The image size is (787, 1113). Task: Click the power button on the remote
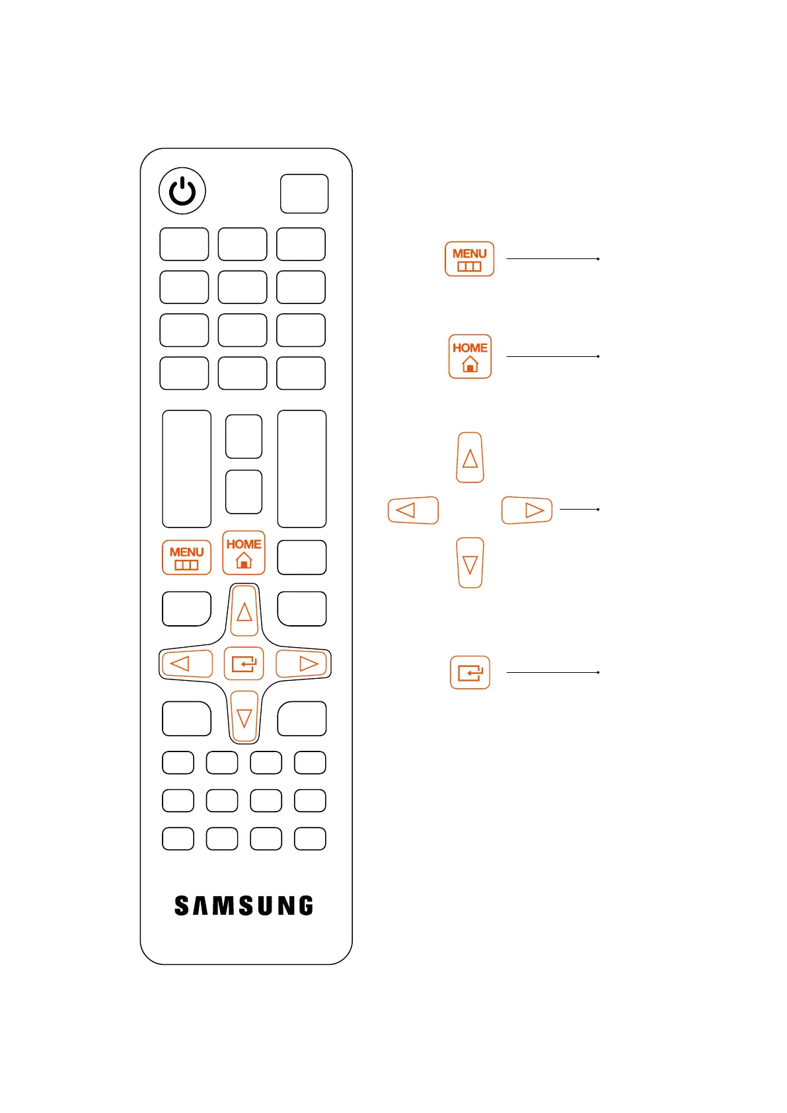click(x=182, y=191)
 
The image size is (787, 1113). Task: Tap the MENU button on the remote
click(x=186, y=558)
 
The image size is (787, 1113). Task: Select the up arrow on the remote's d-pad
click(x=244, y=611)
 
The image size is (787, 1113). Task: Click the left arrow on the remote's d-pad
click(x=186, y=664)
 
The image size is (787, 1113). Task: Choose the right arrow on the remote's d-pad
click(x=302, y=664)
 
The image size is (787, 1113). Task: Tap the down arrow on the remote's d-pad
click(x=244, y=717)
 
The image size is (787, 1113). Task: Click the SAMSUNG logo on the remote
click(x=244, y=905)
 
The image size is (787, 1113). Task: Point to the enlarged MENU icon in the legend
click(x=469, y=259)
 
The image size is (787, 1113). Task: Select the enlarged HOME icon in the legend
click(x=470, y=356)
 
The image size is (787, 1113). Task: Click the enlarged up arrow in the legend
click(x=470, y=458)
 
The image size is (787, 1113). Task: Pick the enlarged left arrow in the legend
click(x=413, y=510)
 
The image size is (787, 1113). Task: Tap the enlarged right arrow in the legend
click(x=527, y=510)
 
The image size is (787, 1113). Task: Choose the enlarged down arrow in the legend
click(x=470, y=563)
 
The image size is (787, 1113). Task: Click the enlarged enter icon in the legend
click(x=470, y=673)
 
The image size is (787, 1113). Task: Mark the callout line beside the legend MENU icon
click(x=552, y=259)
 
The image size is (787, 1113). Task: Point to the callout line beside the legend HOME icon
click(x=552, y=356)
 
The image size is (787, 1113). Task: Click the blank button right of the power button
click(x=304, y=194)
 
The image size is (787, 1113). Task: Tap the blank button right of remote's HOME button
click(x=302, y=558)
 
